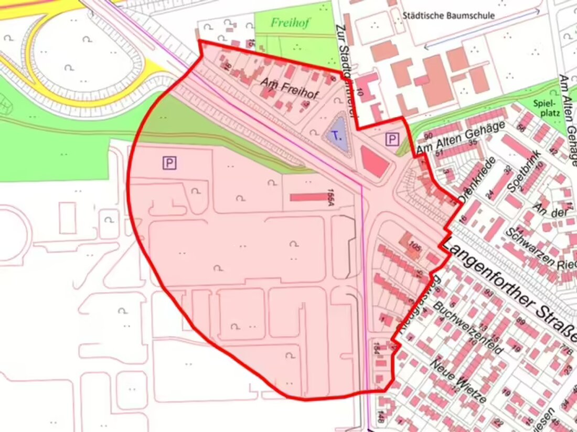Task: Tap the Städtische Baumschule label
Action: tap(448, 15)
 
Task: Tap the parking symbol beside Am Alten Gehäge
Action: tap(392, 139)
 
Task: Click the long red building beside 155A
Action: tap(308, 197)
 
